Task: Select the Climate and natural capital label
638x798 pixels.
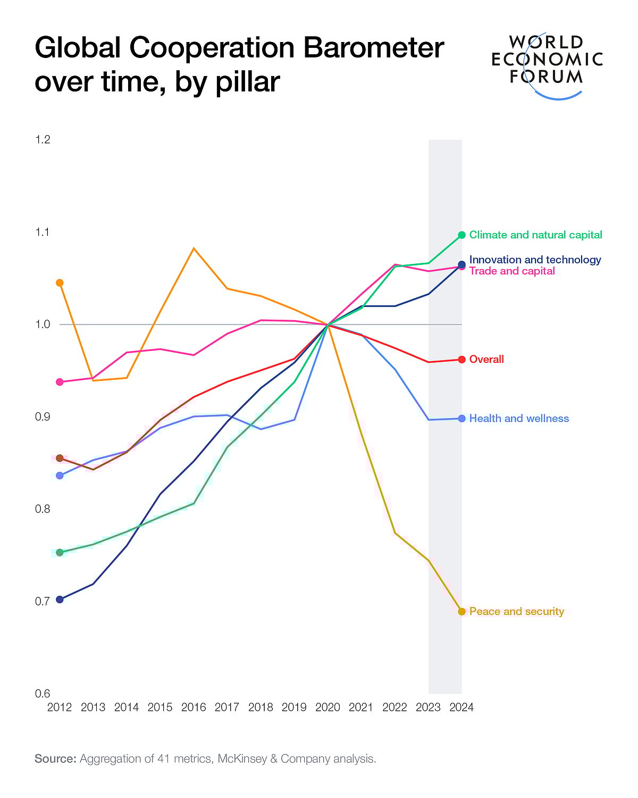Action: click(535, 235)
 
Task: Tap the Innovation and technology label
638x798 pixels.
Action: click(535, 260)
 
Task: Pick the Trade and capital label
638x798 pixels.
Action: click(512, 271)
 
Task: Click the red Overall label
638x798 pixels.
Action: click(486, 360)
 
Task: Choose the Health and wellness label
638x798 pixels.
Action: click(519, 419)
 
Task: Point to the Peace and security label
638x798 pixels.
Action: click(516, 612)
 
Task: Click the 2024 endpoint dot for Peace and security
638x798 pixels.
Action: click(461, 612)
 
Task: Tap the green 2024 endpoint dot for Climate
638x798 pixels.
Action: click(461, 235)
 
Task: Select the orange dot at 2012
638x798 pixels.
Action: click(60, 282)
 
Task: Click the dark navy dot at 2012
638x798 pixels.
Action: click(60, 600)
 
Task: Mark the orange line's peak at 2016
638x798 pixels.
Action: click(194, 248)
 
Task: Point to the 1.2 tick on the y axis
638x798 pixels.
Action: click(43, 140)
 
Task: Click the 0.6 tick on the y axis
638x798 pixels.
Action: click(43, 694)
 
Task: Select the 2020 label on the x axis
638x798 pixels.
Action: click(328, 708)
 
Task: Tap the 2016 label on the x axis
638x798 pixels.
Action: click(194, 708)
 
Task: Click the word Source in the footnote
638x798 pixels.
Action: click(55, 759)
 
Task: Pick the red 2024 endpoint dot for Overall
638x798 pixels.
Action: click(461, 360)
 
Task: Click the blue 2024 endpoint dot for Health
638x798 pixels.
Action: click(461, 419)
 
